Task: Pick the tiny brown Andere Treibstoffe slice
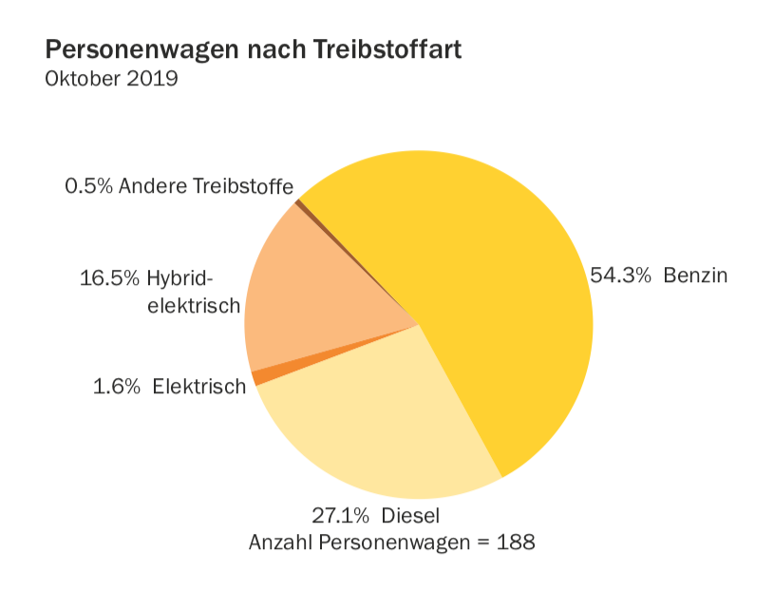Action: [298, 202]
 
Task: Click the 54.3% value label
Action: [620, 276]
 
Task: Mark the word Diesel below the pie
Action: [411, 516]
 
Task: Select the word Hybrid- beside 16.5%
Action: [181, 279]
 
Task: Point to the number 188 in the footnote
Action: [516, 543]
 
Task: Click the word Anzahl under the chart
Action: [278, 543]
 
